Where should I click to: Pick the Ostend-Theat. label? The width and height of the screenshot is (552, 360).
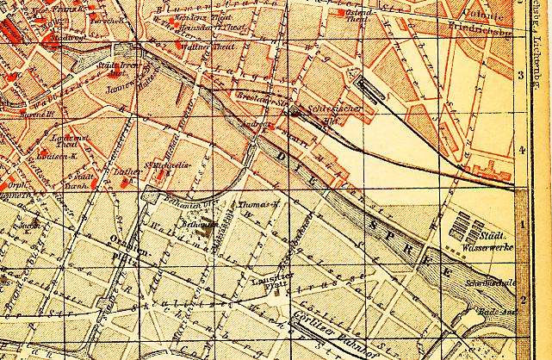(x=358, y=17)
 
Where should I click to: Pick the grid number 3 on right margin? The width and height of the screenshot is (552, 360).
(x=520, y=75)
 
